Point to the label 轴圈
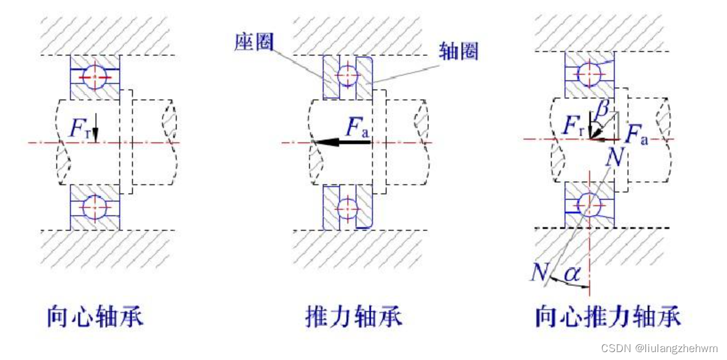458,52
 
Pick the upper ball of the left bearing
95,77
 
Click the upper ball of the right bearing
589,76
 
